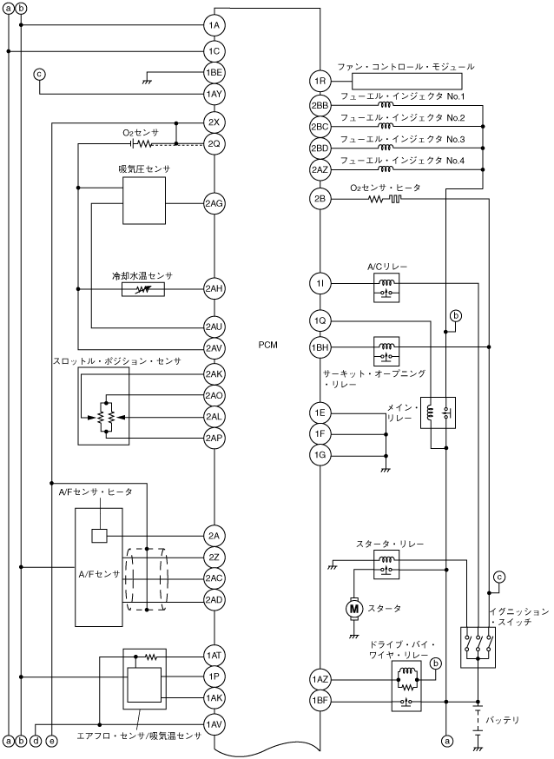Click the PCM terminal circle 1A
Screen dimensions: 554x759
point(214,25)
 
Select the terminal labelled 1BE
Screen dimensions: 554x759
point(214,73)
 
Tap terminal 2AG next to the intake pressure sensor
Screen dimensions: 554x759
point(214,203)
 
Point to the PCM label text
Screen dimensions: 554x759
point(267,345)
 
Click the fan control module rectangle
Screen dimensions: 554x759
point(406,81)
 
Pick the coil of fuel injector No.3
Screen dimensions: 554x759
point(386,147)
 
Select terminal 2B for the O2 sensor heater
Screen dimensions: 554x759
point(320,199)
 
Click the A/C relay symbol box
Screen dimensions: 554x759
point(386,287)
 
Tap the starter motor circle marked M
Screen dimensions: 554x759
point(354,608)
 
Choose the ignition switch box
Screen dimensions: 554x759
point(478,648)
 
